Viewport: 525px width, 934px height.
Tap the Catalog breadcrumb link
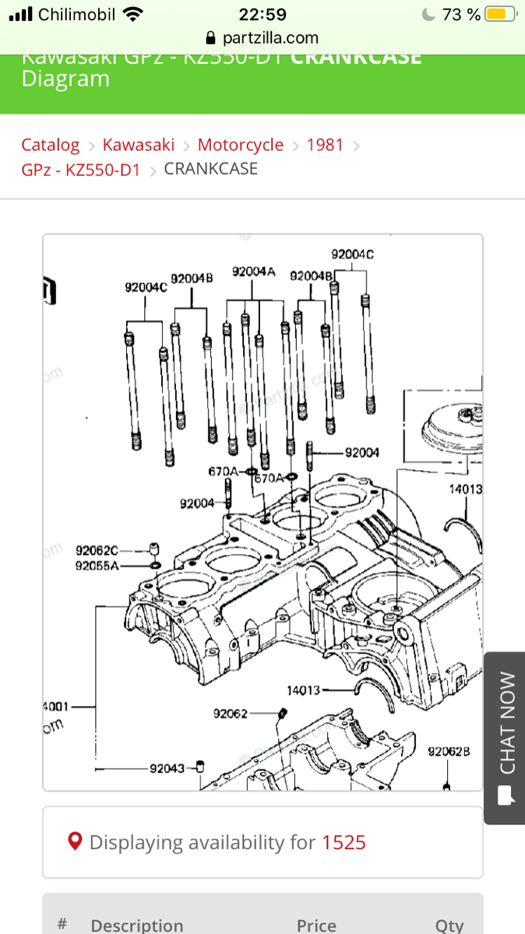point(50,145)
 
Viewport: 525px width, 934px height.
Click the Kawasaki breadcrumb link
point(139,145)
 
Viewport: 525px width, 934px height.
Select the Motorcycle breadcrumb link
point(241,145)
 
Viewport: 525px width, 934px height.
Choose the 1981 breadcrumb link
point(325,145)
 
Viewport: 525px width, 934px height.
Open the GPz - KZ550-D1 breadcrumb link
point(80,170)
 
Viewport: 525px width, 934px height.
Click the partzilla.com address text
point(270,37)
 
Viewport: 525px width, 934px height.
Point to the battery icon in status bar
point(499,14)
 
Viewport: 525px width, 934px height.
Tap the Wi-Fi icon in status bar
point(133,14)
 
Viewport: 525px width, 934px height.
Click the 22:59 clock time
point(262,14)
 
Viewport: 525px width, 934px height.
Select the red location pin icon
point(76,841)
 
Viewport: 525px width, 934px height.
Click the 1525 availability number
point(344,842)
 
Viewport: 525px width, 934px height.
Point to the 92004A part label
point(254,272)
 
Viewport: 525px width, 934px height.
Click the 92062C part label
point(97,551)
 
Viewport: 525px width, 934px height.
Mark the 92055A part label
point(97,566)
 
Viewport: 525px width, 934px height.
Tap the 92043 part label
point(167,768)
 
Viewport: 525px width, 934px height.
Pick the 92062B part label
point(449,752)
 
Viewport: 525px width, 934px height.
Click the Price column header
point(316,925)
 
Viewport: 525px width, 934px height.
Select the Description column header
point(137,925)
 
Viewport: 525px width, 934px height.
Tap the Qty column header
point(449,925)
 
